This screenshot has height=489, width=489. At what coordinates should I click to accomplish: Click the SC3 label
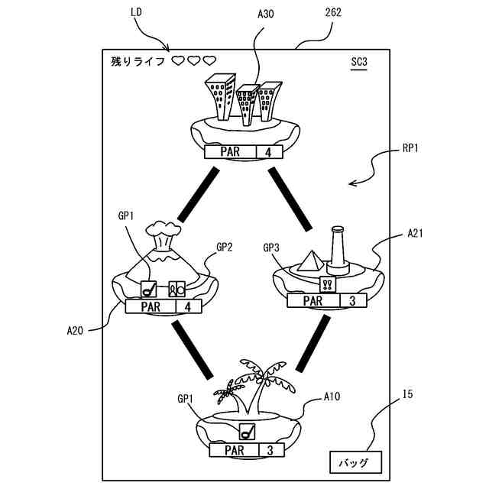(359, 61)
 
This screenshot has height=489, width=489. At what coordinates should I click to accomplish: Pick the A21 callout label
(417, 232)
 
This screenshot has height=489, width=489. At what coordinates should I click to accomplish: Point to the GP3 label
(272, 247)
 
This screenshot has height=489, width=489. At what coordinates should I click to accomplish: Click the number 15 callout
(408, 395)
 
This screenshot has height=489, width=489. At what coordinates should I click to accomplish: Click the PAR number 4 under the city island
(268, 151)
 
